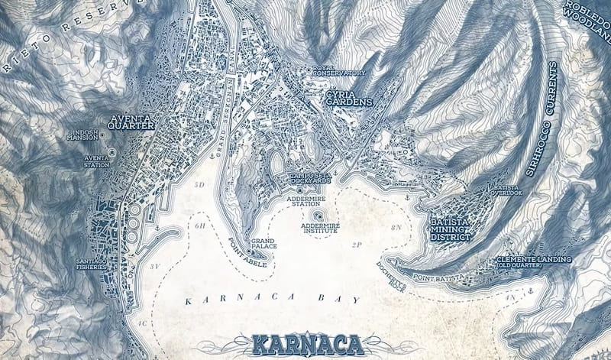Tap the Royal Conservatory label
click(x=339, y=70)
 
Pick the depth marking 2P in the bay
click(x=356, y=245)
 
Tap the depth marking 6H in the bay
click(x=201, y=226)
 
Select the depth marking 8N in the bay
click(x=396, y=228)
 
